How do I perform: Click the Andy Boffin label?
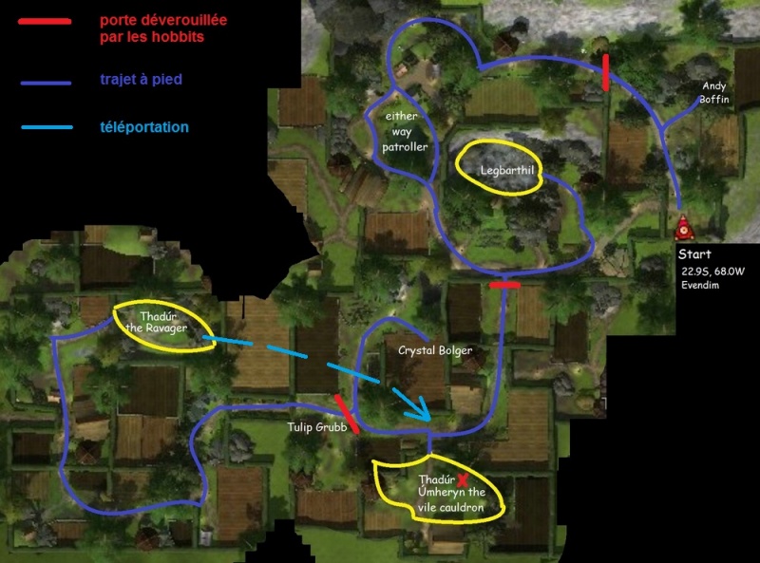click(714, 92)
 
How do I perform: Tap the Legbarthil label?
click(507, 170)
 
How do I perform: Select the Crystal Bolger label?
click(435, 350)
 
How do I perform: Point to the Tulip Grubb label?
click(317, 427)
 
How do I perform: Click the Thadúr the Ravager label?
click(157, 322)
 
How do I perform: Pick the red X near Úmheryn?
click(463, 480)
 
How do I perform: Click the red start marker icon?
click(684, 228)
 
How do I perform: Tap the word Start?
click(694, 253)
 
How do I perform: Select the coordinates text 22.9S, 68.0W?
click(712, 272)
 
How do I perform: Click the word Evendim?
click(700, 285)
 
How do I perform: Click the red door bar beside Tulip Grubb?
click(347, 413)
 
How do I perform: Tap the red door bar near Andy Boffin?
click(605, 73)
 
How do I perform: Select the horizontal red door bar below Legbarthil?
click(504, 286)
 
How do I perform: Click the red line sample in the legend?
click(45, 21)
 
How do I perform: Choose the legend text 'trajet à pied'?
click(141, 79)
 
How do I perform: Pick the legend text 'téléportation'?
click(144, 127)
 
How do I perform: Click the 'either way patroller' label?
click(405, 131)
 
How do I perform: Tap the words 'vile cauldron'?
click(450, 507)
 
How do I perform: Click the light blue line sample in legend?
click(47, 127)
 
